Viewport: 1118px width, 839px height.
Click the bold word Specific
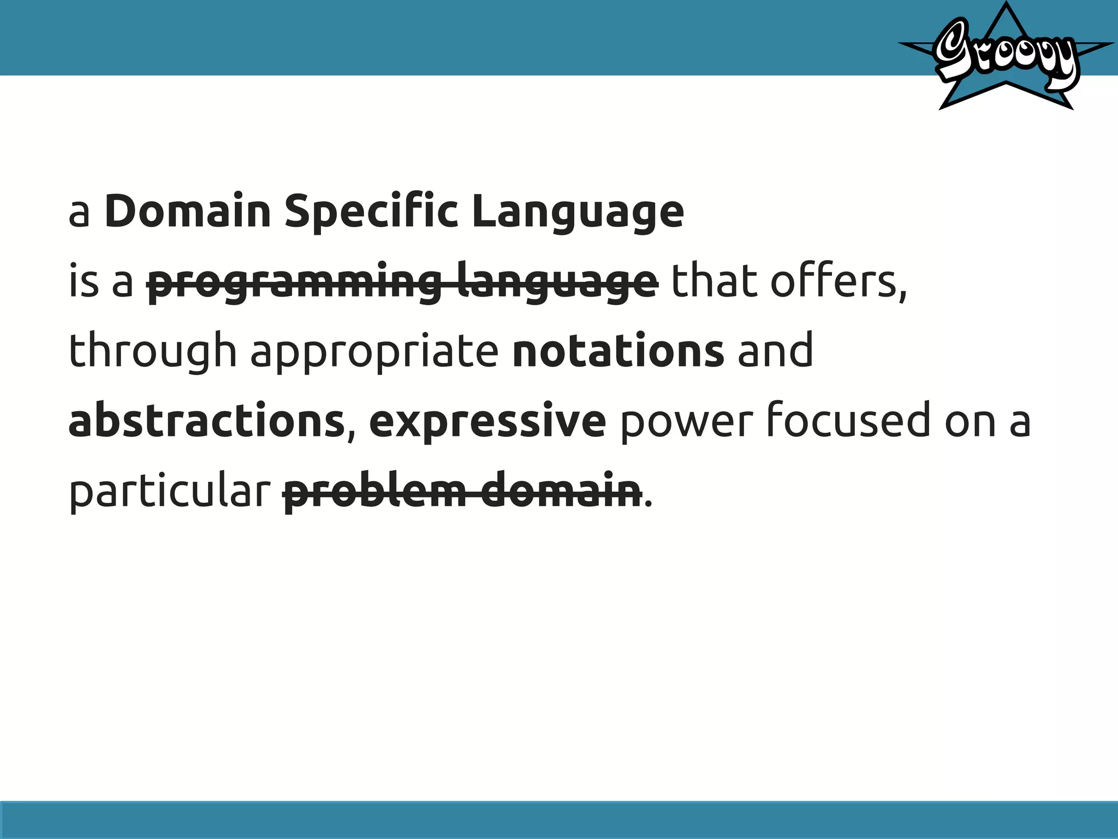(371, 212)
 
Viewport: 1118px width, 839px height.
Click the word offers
(837, 282)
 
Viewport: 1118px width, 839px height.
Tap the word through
(153, 351)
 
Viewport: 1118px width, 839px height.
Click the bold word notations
(619, 351)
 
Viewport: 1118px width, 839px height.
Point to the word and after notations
(775, 351)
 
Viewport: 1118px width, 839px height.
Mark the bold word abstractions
(206, 421)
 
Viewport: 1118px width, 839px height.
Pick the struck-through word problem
(374, 489)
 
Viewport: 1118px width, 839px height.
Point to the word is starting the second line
(84, 282)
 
